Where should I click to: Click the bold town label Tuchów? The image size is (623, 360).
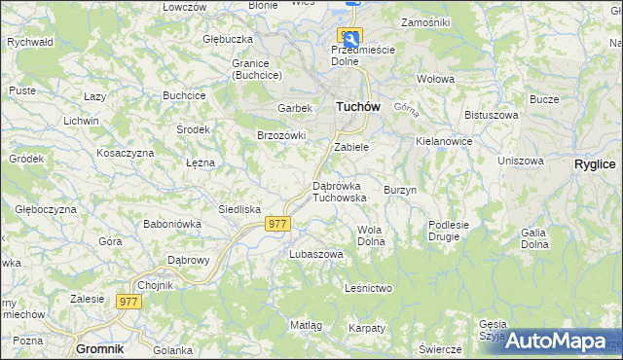[x=357, y=107]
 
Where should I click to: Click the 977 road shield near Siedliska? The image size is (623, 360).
[x=277, y=224]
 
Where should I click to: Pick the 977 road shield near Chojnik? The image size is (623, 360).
[x=129, y=302]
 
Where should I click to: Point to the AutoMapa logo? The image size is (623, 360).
[x=554, y=341]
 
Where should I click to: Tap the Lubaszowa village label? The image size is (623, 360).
[x=316, y=254]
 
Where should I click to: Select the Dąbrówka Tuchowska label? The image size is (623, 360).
[x=339, y=191]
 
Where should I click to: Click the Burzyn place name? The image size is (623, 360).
[x=400, y=190]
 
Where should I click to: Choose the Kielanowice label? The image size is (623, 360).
[x=443, y=141]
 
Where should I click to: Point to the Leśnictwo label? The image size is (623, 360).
[x=368, y=288]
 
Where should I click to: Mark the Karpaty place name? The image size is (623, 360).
[x=367, y=328]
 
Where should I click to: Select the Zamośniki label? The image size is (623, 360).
[x=424, y=21]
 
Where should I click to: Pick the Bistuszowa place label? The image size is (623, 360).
[x=490, y=115]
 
